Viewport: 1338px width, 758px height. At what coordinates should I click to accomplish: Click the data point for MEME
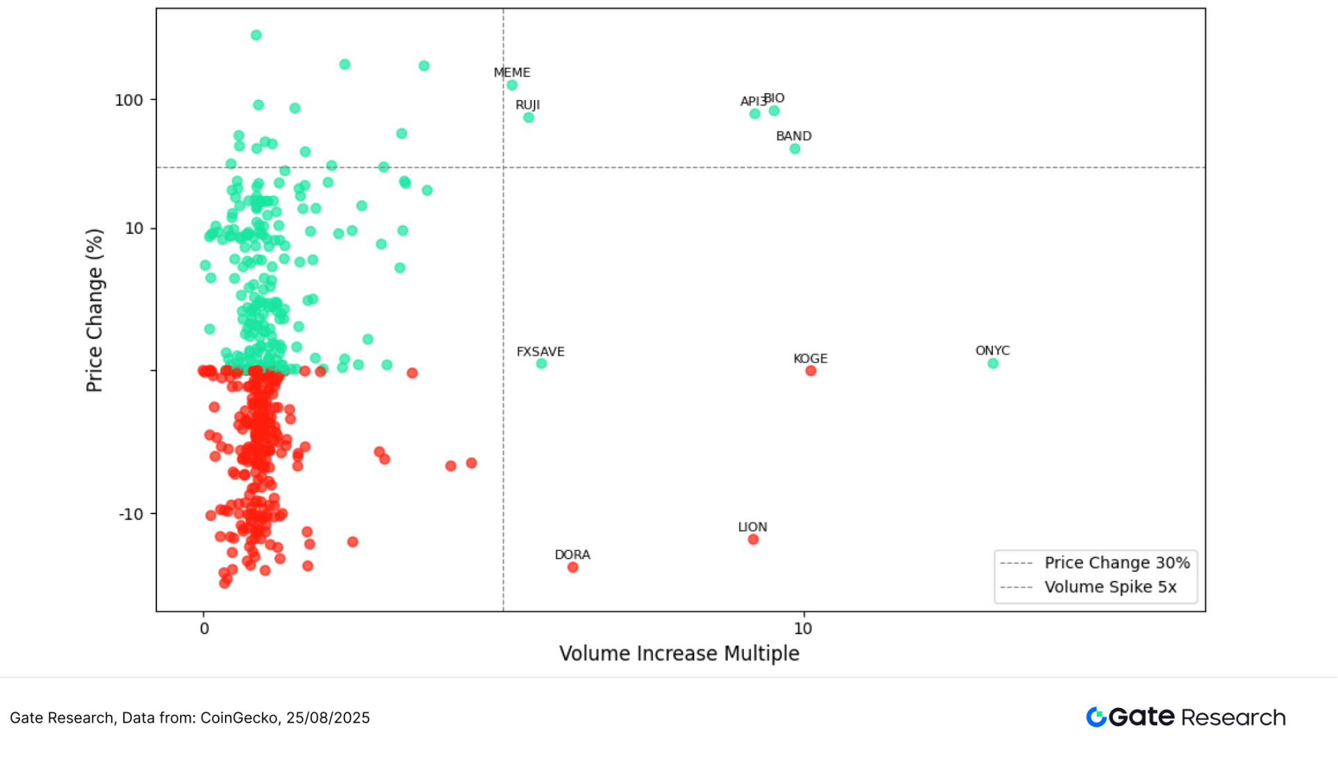click(512, 85)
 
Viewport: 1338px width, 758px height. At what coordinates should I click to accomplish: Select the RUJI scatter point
click(529, 117)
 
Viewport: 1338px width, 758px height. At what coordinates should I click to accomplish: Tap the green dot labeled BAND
click(795, 149)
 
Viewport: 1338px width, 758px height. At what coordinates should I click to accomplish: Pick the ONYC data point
click(993, 363)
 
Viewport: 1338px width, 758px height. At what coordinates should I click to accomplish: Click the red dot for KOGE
click(811, 371)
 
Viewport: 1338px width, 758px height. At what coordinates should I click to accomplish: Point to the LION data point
click(753, 540)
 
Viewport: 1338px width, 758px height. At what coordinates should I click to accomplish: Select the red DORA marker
click(572, 568)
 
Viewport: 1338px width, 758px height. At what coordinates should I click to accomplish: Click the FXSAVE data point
click(541, 363)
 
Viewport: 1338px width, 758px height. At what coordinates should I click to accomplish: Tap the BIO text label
click(775, 98)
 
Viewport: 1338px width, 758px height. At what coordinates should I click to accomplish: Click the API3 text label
click(752, 101)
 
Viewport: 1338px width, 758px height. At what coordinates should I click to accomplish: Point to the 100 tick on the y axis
click(129, 100)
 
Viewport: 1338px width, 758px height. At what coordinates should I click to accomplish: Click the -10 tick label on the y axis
click(131, 514)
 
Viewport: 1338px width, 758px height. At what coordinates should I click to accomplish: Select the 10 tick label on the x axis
click(802, 629)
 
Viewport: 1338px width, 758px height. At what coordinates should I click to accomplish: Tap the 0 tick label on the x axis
click(204, 629)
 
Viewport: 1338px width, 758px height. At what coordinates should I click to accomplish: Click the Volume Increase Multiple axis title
click(679, 654)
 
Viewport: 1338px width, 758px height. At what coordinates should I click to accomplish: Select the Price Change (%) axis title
click(94, 311)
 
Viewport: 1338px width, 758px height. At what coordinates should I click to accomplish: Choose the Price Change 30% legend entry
click(1116, 563)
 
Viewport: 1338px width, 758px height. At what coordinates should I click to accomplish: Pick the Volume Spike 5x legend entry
click(1110, 587)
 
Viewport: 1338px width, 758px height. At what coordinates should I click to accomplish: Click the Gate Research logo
click(1185, 717)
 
